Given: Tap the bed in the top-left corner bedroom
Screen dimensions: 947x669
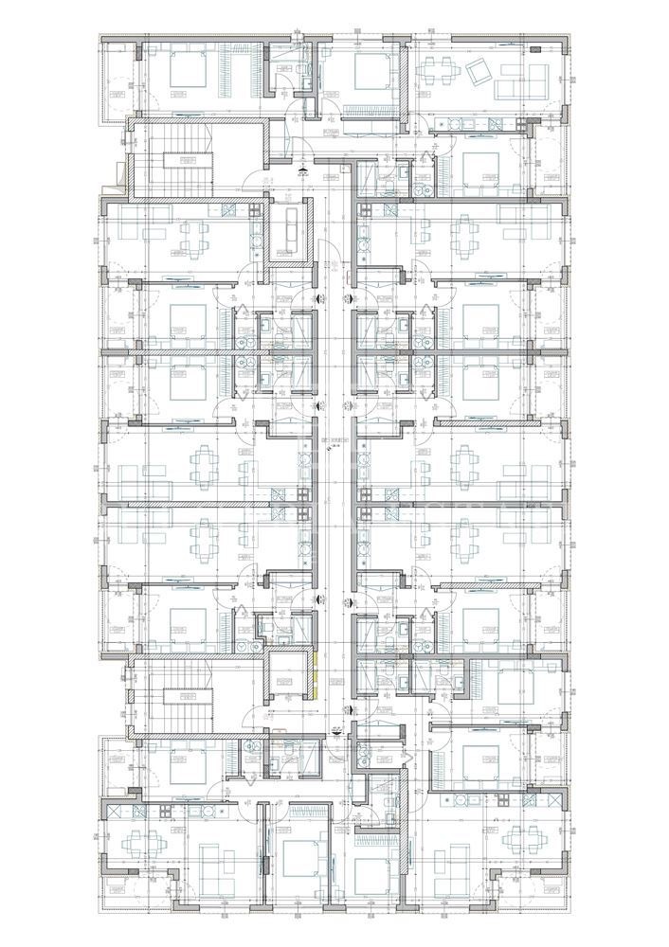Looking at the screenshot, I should (190, 71).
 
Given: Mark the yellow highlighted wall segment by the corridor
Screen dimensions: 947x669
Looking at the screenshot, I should (315, 674).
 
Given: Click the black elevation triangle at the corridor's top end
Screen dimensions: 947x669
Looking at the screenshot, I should (302, 170).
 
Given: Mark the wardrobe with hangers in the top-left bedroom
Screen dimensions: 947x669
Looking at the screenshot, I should (228, 71).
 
